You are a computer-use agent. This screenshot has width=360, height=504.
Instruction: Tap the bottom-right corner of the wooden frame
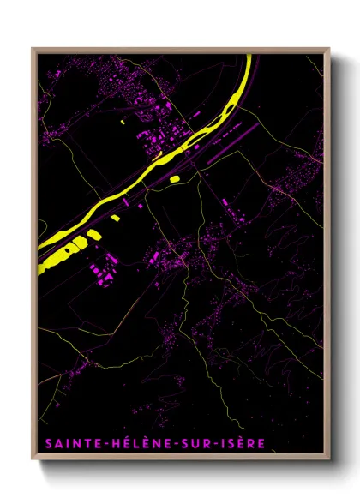[329, 461]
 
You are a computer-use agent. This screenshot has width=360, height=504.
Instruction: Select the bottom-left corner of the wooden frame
[33, 461]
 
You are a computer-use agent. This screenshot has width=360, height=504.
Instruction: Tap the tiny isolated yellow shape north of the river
[123, 123]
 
